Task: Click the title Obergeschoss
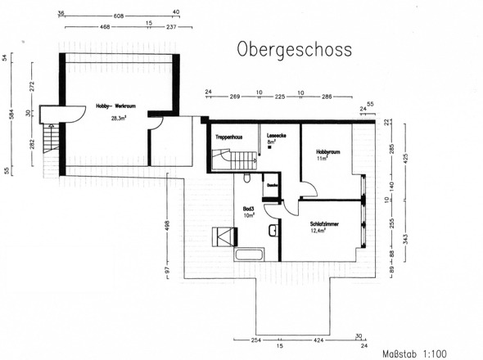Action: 295,49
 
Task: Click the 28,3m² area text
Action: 120,118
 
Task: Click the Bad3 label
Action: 249,210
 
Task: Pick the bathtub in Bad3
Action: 249,254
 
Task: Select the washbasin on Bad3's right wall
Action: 272,232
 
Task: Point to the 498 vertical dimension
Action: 167,225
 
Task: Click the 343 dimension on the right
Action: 404,238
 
